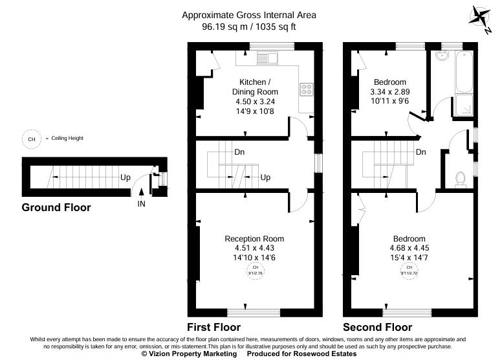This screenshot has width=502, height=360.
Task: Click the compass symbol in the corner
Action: (481, 17)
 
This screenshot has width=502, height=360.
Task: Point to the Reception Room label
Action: (254, 239)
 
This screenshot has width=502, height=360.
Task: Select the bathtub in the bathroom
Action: (464, 73)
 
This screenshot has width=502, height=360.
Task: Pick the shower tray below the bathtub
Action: (463, 106)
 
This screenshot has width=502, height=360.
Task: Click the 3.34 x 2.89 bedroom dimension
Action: (389, 92)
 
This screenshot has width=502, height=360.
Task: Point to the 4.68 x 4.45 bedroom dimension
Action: (408, 249)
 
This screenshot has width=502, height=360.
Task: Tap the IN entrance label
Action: (141, 204)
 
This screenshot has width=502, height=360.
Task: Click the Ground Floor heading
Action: (56, 208)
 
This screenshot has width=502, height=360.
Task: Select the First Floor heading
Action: (213, 327)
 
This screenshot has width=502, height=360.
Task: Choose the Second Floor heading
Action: (377, 327)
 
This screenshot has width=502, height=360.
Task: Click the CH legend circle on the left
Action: (30, 138)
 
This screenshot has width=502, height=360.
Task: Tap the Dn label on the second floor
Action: (420, 153)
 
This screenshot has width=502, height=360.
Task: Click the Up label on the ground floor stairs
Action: (124, 176)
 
